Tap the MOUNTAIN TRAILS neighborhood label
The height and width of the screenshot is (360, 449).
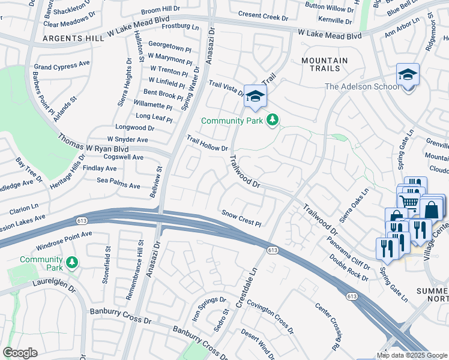point(324,65)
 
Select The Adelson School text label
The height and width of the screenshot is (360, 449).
point(362,86)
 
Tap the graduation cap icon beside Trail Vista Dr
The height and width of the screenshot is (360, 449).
point(255,97)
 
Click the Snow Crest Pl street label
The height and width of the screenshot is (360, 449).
point(242,218)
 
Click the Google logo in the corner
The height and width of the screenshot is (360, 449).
point(20,353)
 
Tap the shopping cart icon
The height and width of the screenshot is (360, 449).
point(409,201)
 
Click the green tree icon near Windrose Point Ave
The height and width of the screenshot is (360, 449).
point(72,262)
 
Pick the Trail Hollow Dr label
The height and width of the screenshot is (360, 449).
point(207,143)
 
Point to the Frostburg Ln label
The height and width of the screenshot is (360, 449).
point(179,27)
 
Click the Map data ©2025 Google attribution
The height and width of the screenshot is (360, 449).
point(412,355)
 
